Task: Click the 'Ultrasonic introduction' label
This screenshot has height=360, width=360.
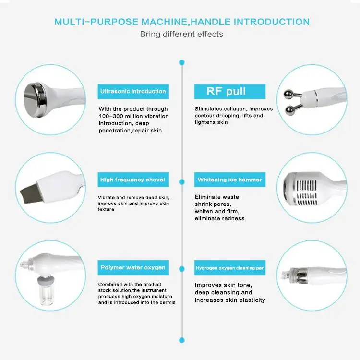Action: (133, 91)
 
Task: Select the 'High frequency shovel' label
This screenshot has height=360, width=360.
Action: (133, 180)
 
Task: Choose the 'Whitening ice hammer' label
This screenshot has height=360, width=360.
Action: (229, 180)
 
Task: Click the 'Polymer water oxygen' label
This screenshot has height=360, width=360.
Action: (133, 267)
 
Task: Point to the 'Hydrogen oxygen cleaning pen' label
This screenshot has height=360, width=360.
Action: (229, 268)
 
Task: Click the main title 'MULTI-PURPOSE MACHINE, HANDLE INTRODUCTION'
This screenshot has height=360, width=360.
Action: (181, 22)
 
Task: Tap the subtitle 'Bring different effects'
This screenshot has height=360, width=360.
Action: (181, 34)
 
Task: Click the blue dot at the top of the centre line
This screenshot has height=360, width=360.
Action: (181, 62)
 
